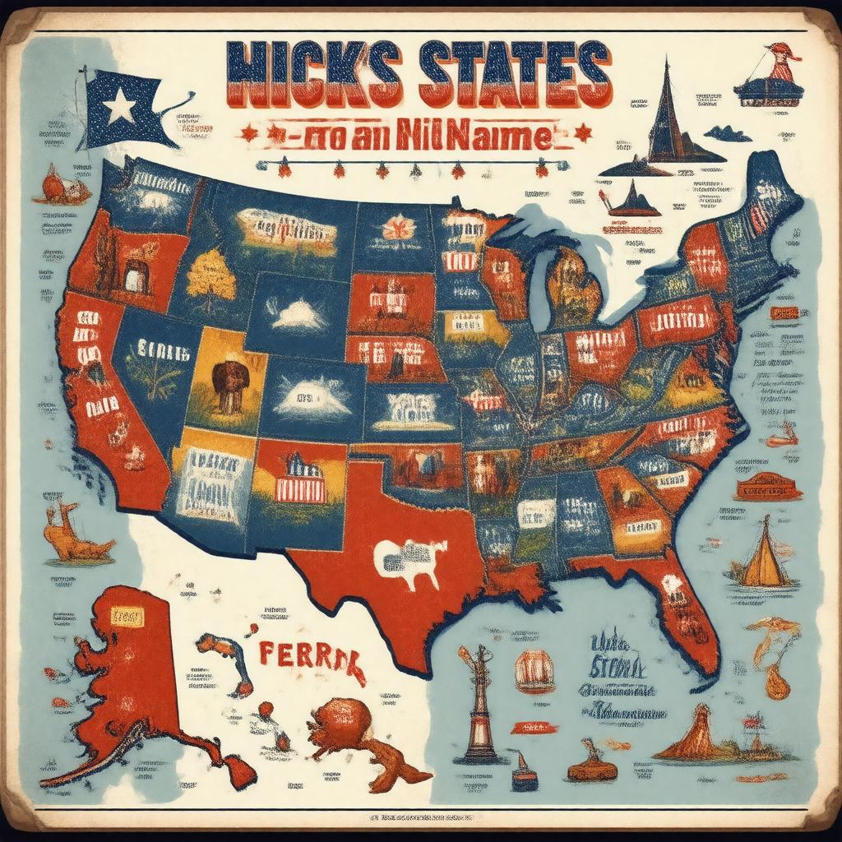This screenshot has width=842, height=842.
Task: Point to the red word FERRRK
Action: [x=311, y=657]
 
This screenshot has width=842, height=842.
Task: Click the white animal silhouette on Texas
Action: [x=411, y=562]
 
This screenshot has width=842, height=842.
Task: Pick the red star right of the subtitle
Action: [x=586, y=132]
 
